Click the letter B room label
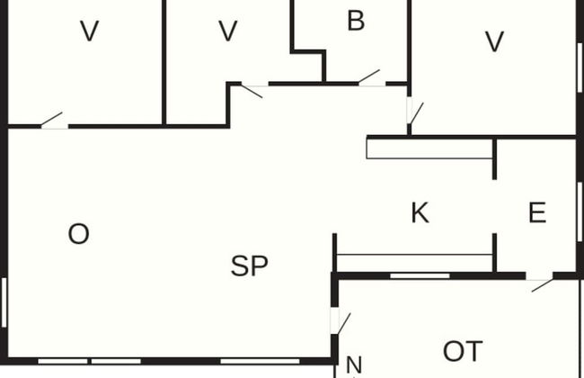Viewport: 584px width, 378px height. click(356, 22)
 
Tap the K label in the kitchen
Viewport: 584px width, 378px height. click(420, 214)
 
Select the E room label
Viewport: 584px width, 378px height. click(537, 213)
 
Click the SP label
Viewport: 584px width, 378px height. click(250, 266)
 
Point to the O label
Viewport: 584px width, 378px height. click(79, 235)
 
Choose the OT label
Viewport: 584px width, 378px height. click(463, 351)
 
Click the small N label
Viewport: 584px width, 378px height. click(354, 365)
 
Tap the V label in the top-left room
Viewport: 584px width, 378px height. click(89, 32)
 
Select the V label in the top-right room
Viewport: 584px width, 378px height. click(493, 42)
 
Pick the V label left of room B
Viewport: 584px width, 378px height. click(228, 32)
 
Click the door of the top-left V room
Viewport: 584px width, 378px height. click(53, 121)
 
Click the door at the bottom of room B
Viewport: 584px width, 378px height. click(370, 79)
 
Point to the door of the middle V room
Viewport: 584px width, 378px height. click(251, 89)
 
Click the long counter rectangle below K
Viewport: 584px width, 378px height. click(414, 262)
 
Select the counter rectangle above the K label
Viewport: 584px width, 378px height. click(429, 148)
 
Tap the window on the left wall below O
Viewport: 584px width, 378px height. click(4, 302)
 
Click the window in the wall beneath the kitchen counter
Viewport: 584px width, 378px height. click(420, 275)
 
